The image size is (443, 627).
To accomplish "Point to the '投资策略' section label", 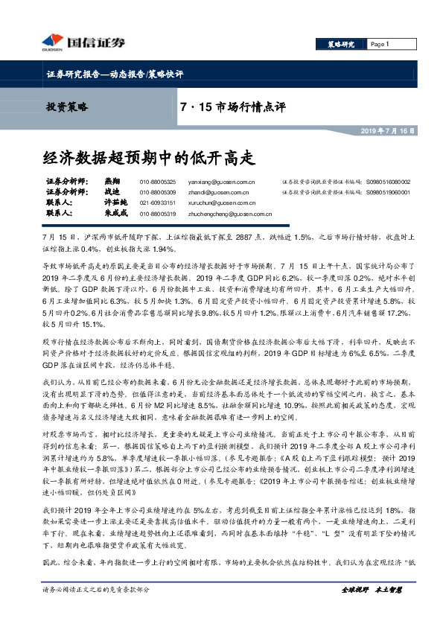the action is (x=67, y=107).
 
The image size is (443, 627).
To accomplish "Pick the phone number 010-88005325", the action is (x=158, y=182).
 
